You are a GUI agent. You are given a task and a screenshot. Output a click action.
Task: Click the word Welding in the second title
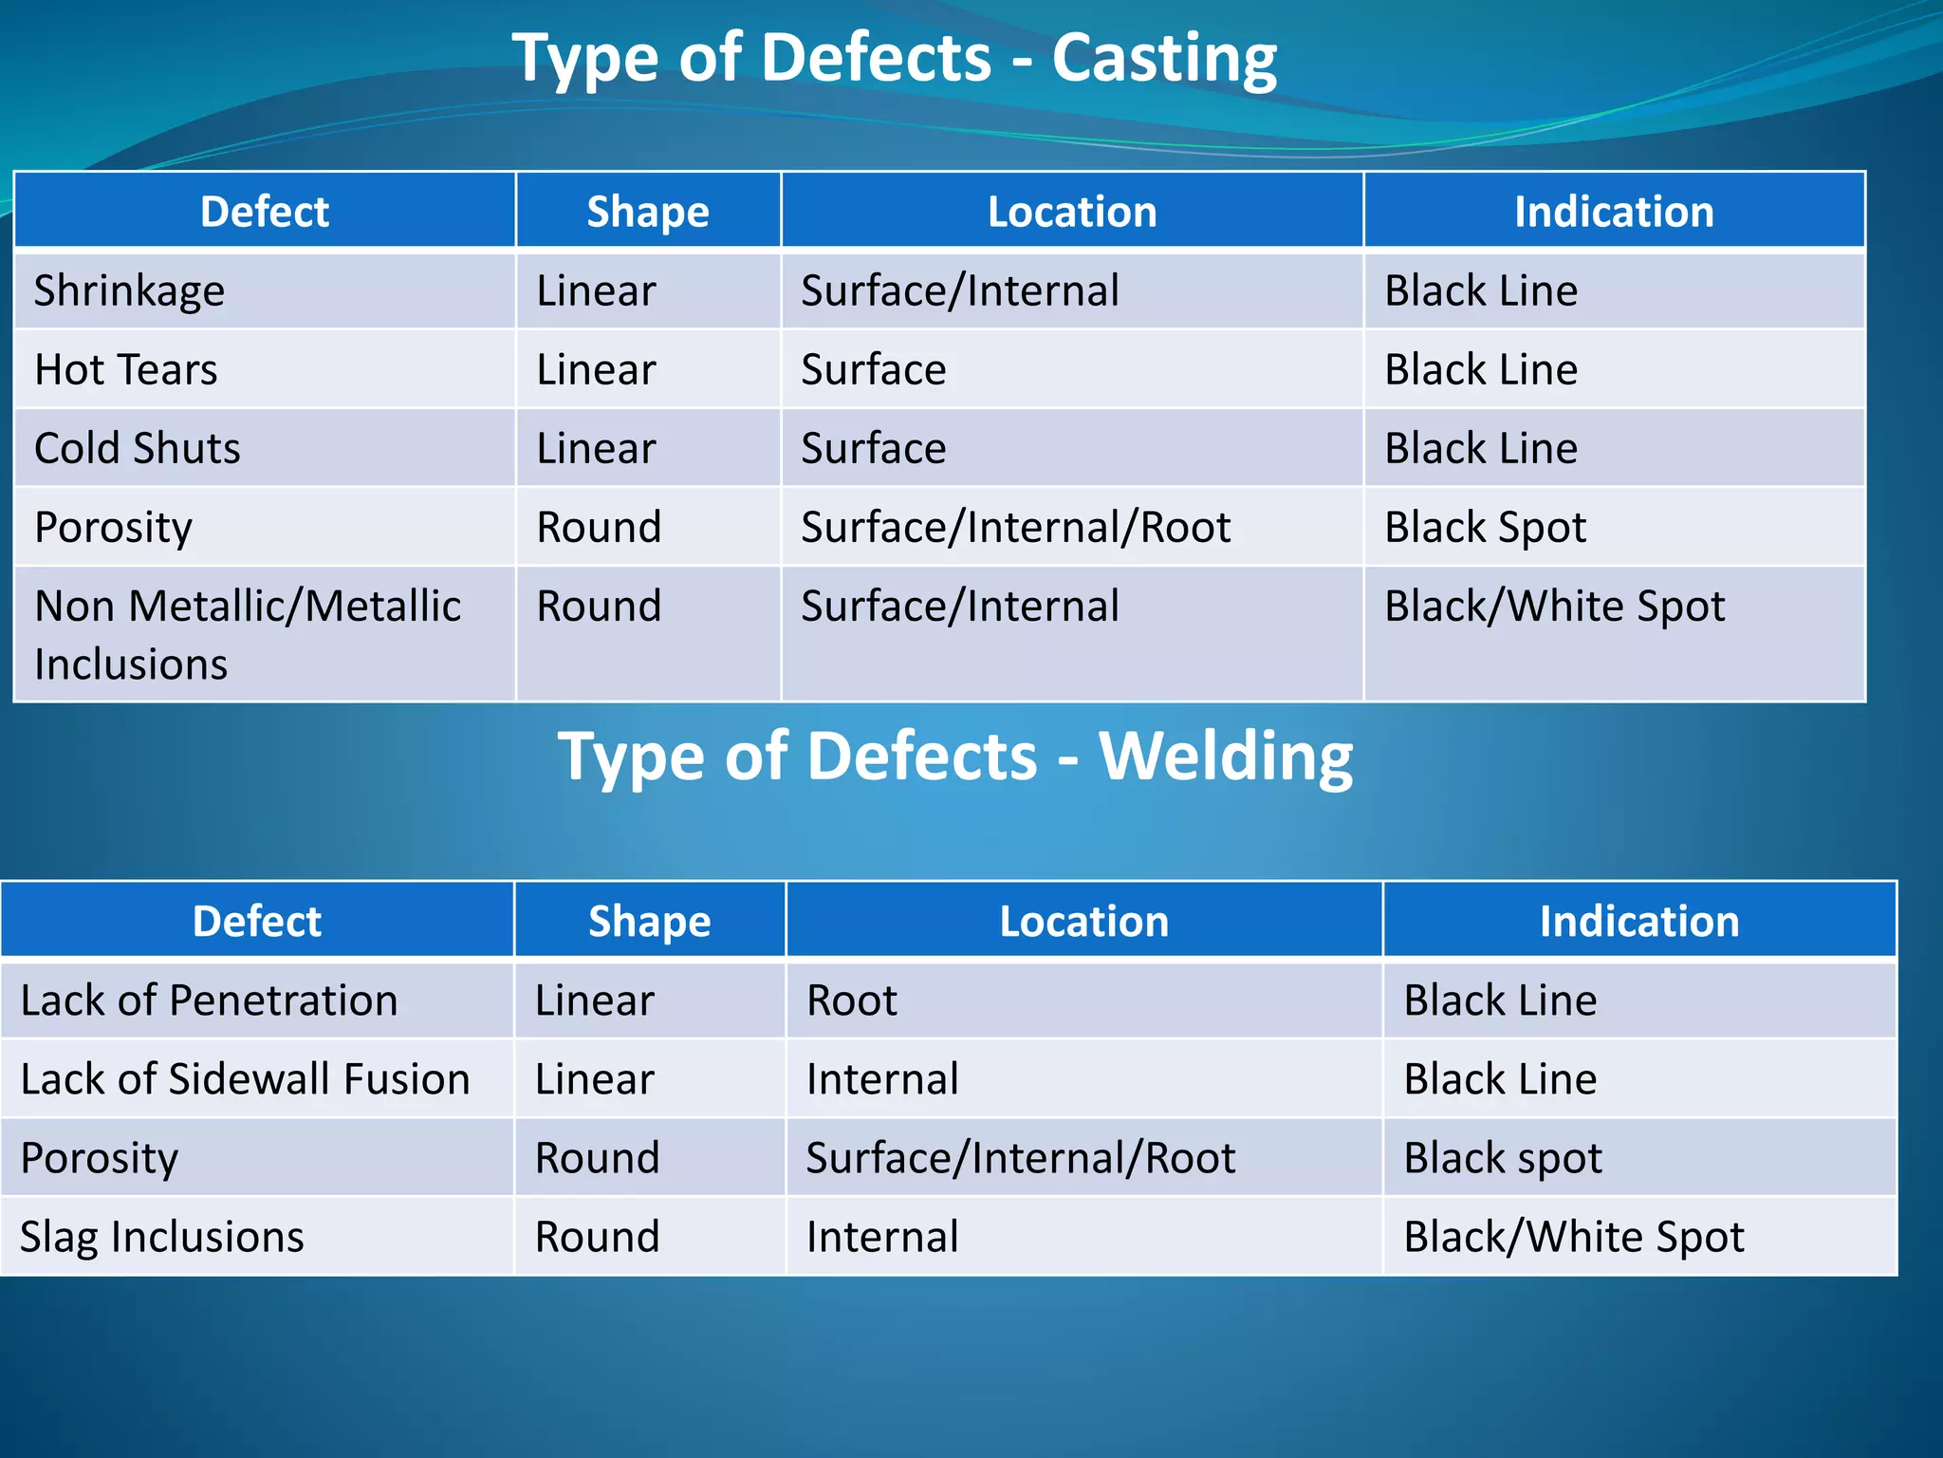click(x=1225, y=757)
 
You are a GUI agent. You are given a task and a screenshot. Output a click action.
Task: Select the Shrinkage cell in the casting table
click(x=130, y=290)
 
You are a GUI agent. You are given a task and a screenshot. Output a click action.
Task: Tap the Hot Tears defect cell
click(x=126, y=369)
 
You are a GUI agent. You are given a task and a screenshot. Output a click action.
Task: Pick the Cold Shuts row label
click(x=138, y=448)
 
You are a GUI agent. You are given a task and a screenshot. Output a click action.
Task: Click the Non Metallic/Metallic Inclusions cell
click(x=248, y=634)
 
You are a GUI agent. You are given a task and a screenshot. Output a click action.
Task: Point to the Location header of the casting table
click(x=1072, y=212)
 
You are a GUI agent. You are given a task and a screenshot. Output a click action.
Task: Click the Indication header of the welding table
click(x=1638, y=922)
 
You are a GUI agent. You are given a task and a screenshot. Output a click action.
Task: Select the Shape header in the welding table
click(x=649, y=922)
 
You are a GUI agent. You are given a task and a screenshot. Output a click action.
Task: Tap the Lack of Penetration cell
click(x=209, y=1000)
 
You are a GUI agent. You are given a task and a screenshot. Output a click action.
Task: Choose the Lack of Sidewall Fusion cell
click(x=245, y=1079)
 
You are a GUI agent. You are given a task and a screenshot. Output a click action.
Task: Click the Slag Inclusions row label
click(x=162, y=1237)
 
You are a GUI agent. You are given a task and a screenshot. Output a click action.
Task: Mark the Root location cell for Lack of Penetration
click(x=852, y=1000)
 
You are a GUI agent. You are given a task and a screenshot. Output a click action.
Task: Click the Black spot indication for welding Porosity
click(x=1503, y=1158)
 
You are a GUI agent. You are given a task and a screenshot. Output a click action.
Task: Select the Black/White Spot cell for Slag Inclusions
click(x=1573, y=1237)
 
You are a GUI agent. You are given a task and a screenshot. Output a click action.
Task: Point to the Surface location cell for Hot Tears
click(x=874, y=369)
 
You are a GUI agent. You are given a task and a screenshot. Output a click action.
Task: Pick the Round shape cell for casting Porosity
click(x=599, y=527)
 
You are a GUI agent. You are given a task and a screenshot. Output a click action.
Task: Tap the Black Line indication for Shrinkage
click(x=1481, y=290)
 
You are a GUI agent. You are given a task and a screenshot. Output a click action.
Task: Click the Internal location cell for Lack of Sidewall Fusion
click(x=882, y=1079)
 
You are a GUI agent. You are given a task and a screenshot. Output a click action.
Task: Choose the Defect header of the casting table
click(x=265, y=212)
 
